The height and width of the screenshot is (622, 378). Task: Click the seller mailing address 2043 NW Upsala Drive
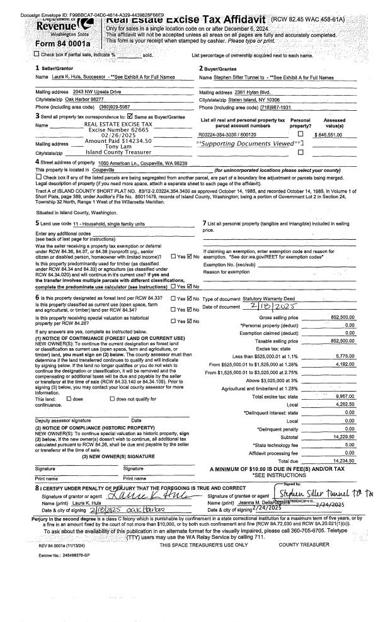86,93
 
